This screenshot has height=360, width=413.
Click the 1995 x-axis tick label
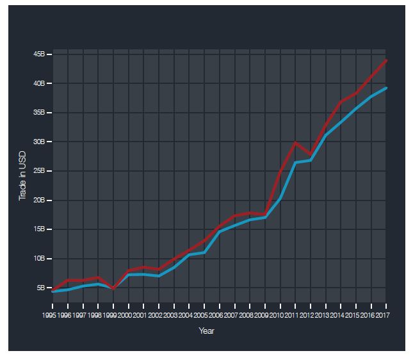49,315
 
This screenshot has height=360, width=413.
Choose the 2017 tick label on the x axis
383,315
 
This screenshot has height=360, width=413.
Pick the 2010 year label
277,315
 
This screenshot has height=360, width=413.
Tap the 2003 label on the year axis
170,315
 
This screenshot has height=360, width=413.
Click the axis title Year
206,331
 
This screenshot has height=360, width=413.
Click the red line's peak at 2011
295,142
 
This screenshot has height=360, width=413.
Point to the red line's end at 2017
386,60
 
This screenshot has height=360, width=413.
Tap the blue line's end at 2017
386,88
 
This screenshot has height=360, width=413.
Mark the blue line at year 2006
220,231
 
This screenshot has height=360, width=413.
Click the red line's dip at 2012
311,155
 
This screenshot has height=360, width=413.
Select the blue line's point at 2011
295,163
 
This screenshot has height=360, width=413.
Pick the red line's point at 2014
341,102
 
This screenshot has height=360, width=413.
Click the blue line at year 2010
280,198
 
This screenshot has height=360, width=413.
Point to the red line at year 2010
280,172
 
